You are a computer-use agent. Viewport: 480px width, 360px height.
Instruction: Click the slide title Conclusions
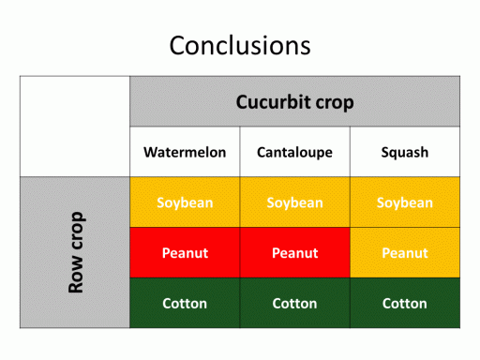coord(240,46)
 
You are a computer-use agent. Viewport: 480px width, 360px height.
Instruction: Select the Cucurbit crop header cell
coord(294,101)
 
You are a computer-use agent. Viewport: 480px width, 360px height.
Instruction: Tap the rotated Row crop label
coord(76,252)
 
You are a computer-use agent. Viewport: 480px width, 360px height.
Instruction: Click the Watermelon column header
coord(185,152)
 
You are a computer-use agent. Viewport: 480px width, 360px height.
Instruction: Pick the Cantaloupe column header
coord(294,152)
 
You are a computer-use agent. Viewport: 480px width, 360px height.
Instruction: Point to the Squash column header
coord(405,152)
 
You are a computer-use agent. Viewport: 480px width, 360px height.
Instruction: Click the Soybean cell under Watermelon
coord(185,202)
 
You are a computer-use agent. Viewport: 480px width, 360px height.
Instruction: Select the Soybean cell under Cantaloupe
coord(294,202)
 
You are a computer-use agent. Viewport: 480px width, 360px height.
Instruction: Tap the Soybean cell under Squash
coord(405,202)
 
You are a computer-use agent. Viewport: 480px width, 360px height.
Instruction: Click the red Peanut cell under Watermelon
coord(185,252)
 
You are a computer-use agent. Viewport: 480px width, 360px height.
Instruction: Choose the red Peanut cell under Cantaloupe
coord(294,252)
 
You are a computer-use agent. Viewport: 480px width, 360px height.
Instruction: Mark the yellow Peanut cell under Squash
coord(405,252)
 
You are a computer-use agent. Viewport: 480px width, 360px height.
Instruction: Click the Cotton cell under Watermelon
coord(185,303)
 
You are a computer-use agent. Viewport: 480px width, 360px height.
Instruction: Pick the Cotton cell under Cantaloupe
coord(294,303)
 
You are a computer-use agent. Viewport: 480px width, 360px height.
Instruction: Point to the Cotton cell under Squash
coord(405,303)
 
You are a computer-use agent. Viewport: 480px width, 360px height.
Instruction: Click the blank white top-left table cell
coord(75,127)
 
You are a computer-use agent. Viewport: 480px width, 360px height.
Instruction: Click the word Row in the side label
coord(76,274)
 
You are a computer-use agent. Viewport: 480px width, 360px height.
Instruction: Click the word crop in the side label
coord(77,231)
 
